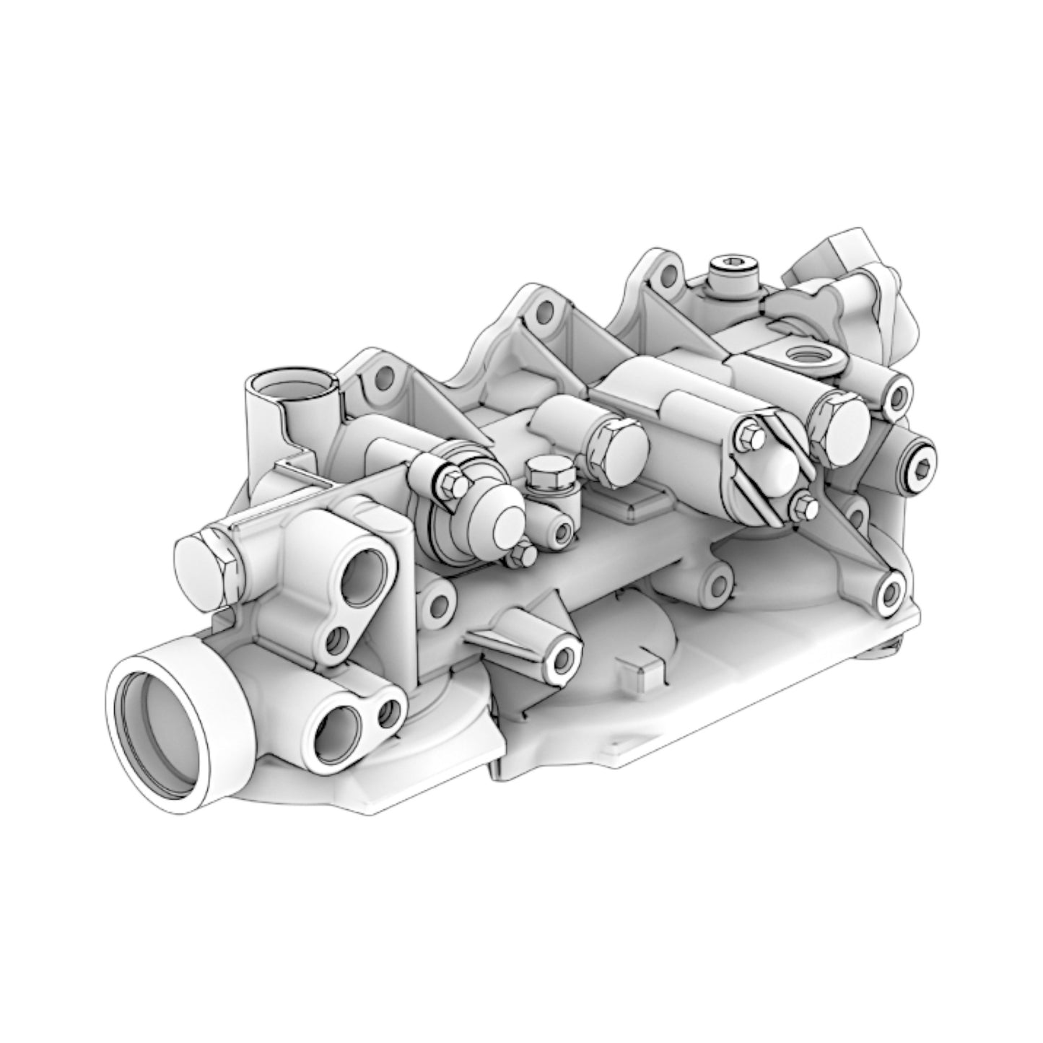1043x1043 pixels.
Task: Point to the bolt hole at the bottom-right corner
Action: coord(889,594)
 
